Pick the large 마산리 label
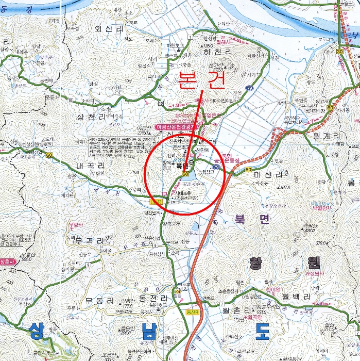(269, 175)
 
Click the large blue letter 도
(262, 332)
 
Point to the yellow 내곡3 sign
(157, 201)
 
